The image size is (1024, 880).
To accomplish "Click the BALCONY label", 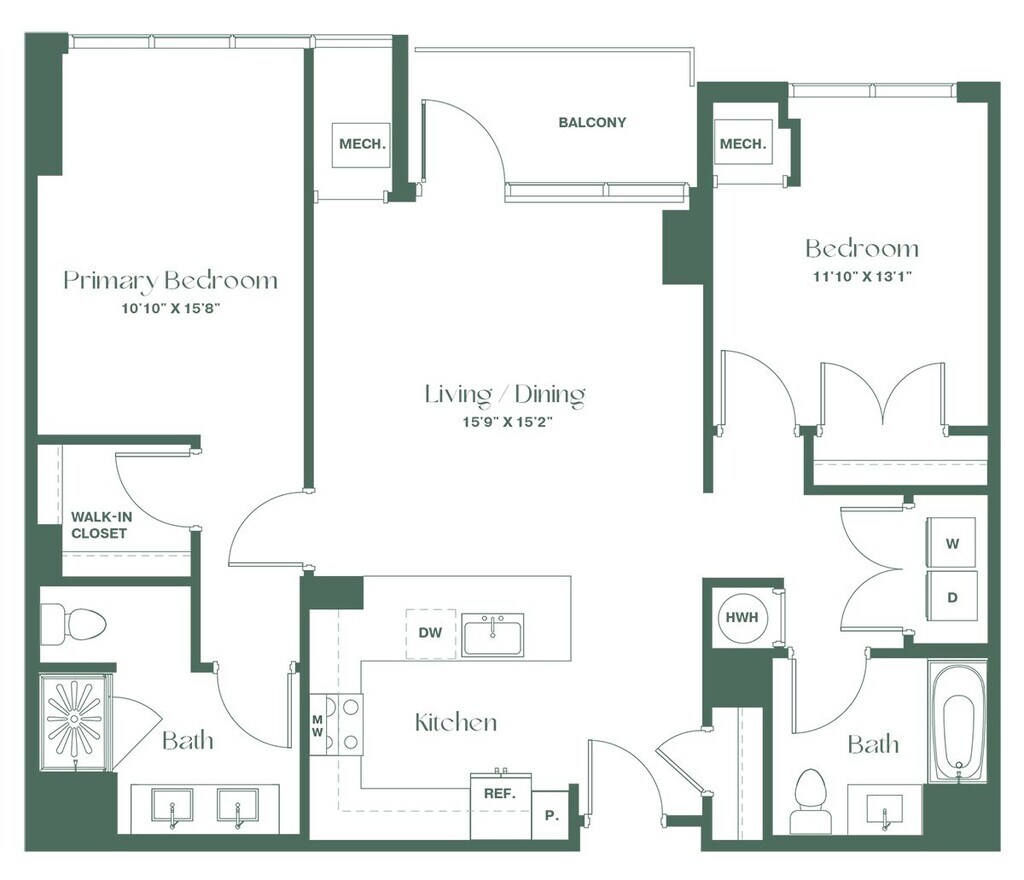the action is (x=592, y=122).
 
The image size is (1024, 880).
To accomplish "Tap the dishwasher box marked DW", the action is (x=430, y=633).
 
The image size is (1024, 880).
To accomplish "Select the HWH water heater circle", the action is (x=742, y=617).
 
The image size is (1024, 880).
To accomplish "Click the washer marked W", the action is (x=952, y=543).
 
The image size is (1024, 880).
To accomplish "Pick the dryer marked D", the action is (x=952, y=597).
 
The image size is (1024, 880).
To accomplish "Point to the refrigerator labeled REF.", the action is (x=500, y=806).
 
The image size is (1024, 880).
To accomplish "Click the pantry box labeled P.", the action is (x=551, y=815).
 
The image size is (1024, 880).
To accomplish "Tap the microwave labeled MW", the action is (x=317, y=725).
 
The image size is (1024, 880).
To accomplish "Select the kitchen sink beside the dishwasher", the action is (x=493, y=635).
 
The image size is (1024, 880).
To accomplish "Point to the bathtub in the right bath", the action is (x=958, y=722).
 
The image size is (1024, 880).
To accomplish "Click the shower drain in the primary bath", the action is (x=75, y=719).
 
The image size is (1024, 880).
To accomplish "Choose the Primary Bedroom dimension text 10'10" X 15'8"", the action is (x=169, y=308).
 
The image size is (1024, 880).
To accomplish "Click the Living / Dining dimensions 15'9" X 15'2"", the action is (x=507, y=422).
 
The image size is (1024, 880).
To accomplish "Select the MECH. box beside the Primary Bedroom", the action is (x=361, y=144).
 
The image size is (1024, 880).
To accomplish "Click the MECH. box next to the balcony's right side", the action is (x=743, y=144).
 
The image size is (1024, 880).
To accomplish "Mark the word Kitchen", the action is (x=456, y=722).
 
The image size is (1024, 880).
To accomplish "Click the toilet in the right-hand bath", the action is (x=810, y=801).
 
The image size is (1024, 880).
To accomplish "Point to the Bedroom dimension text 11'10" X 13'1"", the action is (x=861, y=276).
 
